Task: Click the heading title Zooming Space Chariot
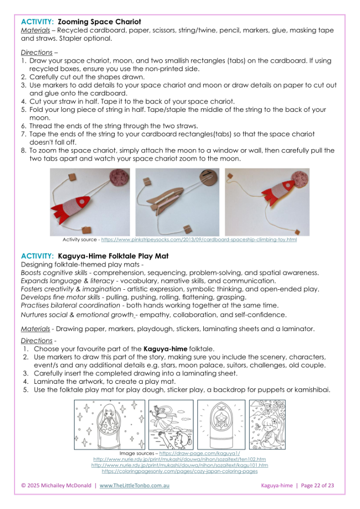(x=99, y=22)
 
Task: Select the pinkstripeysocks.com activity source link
(x=199, y=240)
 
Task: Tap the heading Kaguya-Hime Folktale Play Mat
(x=113, y=256)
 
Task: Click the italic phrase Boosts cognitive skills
(x=56, y=273)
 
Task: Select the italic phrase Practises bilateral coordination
(x=67, y=305)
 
